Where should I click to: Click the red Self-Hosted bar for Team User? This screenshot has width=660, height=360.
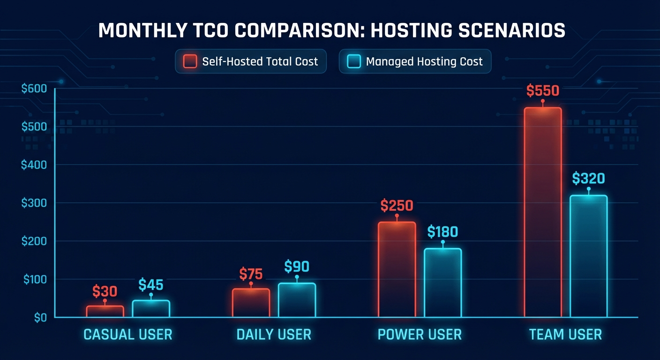(542, 212)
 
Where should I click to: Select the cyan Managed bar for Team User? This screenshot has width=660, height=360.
(588, 256)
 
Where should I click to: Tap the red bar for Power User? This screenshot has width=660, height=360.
(397, 269)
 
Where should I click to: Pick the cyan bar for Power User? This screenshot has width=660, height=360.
(442, 283)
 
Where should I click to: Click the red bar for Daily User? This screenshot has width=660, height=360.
(251, 302)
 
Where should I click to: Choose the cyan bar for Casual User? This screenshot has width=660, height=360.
(151, 308)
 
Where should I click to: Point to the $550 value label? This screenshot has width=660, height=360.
(542, 90)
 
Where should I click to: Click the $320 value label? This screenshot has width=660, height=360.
(588, 179)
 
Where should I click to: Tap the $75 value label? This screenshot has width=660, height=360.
(251, 274)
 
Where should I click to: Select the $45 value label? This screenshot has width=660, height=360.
(151, 285)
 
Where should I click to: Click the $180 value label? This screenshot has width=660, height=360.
(442, 232)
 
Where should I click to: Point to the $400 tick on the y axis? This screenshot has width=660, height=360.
(34, 165)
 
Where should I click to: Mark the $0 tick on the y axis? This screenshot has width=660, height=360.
(40, 317)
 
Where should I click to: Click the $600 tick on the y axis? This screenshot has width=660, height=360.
(34, 89)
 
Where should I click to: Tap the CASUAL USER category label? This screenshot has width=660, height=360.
(127, 335)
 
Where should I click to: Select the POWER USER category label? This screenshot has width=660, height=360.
(420, 335)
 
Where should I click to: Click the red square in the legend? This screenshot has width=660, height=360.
(190, 61)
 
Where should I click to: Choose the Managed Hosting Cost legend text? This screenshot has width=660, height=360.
(424, 61)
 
